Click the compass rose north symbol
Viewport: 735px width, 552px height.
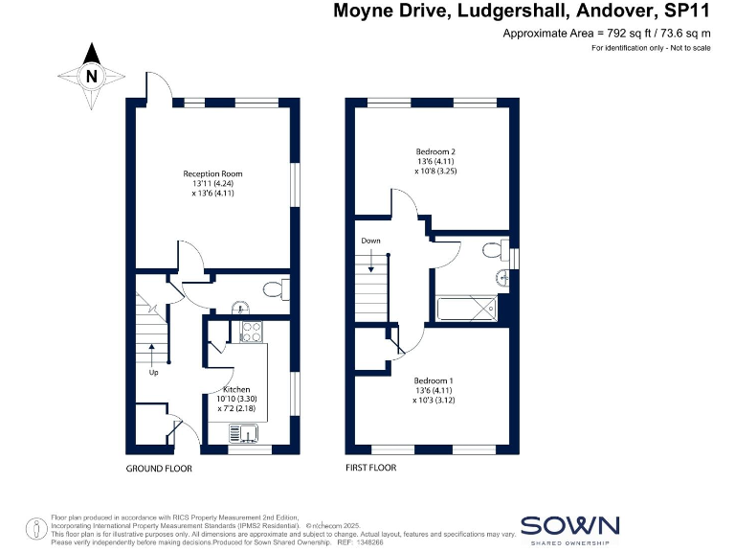(91, 76)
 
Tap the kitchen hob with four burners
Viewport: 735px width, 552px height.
(252, 332)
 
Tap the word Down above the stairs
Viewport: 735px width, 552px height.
(371, 241)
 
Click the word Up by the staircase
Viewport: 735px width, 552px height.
(152, 372)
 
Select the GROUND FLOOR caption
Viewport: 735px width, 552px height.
(159, 469)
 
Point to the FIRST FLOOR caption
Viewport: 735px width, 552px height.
(370, 469)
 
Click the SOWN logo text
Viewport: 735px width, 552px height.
(570, 525)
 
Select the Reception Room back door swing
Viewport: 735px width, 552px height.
(158, 86)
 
